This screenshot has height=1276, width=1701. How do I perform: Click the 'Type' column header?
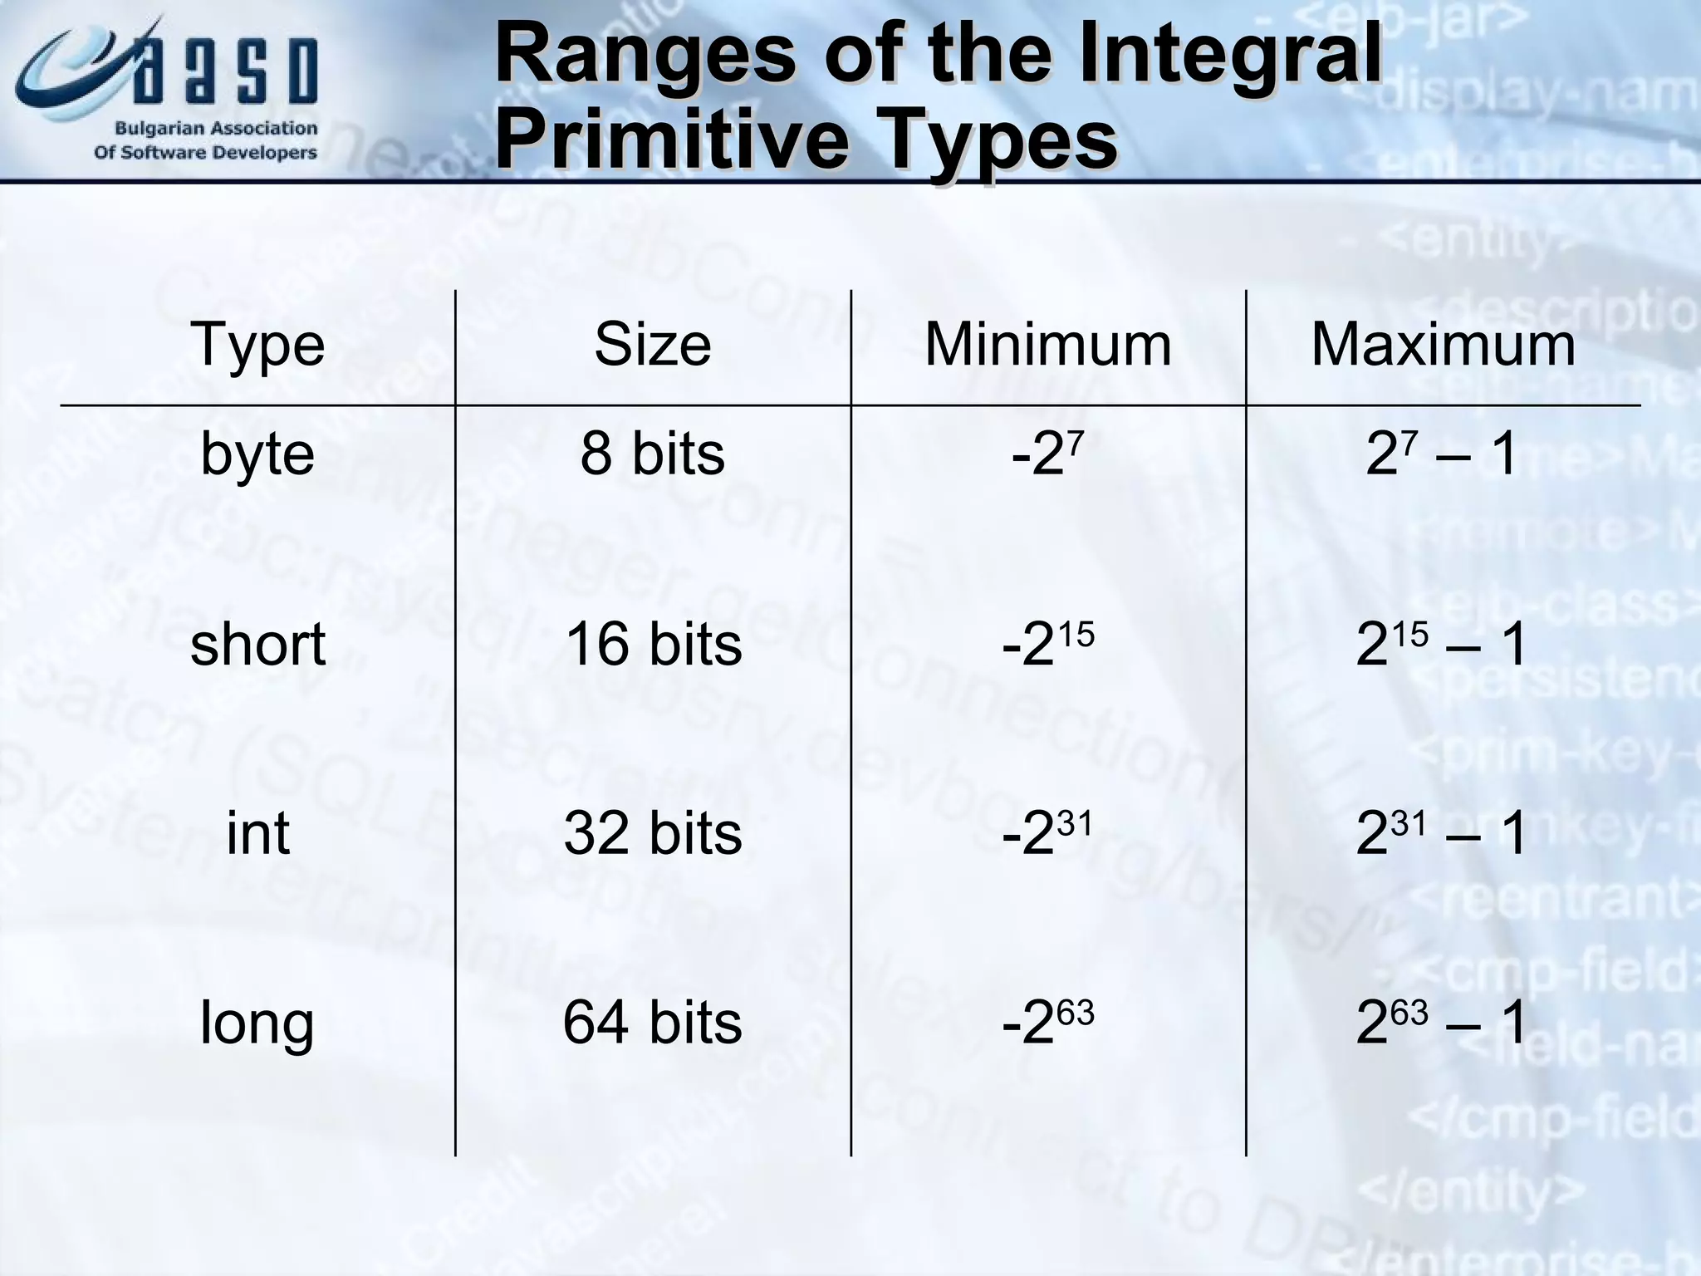point(257,345)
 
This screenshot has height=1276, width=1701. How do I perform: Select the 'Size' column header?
point(653,345)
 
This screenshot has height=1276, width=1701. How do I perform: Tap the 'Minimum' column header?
point(1048,345)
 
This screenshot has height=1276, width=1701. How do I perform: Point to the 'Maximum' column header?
point(1444,345)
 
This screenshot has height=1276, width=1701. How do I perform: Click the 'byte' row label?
point(257,454)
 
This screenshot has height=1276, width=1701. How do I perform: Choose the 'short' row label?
point(257,645)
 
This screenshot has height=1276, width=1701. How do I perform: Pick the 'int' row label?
point(257,833)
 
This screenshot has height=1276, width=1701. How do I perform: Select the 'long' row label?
point(257,1023)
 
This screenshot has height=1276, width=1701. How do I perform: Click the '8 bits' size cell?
point(653,454)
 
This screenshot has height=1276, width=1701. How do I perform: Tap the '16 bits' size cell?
point(653,645)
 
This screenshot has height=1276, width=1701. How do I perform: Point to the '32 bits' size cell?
point(653,833)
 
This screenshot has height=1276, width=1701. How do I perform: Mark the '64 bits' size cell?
point(653,1023)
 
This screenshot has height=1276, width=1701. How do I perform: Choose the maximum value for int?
point(1442,833)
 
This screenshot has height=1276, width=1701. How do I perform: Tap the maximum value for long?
point(1442,1023)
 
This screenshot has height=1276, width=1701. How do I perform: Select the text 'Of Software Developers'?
point(205,153)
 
